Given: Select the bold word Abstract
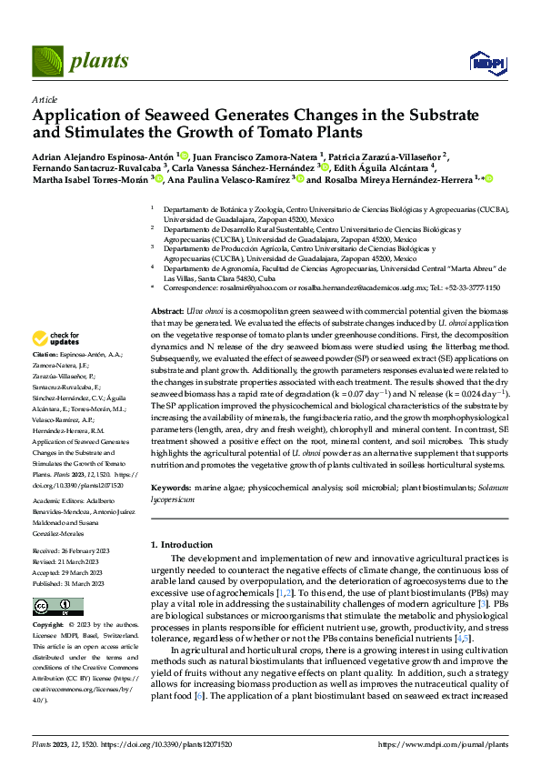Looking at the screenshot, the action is point(168,311).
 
